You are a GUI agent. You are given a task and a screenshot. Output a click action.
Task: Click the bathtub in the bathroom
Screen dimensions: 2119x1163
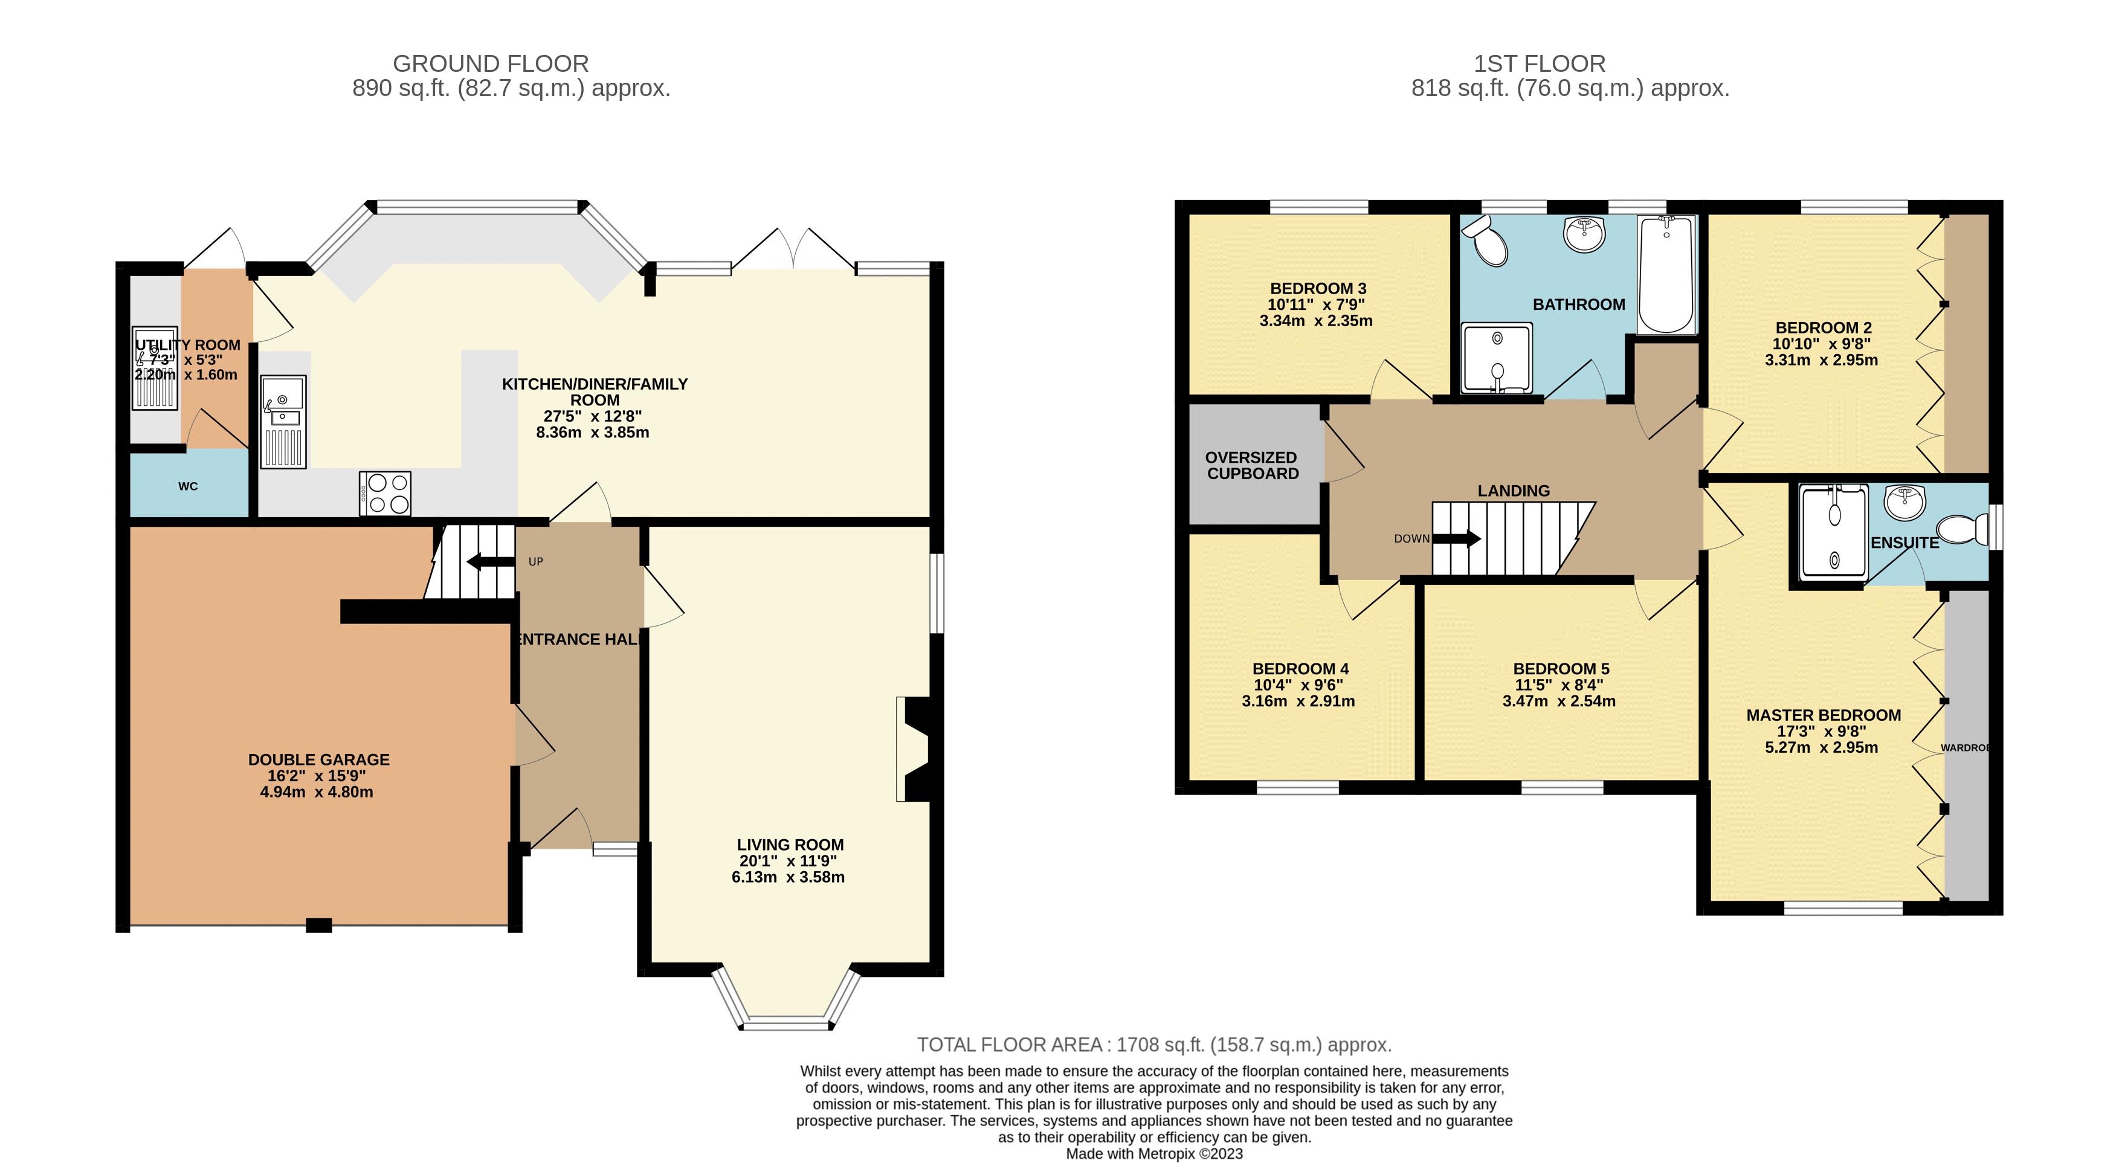click(x=1666, y=275)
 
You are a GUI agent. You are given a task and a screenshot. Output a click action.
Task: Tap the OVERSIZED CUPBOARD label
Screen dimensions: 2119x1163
click(x=1252, y=466)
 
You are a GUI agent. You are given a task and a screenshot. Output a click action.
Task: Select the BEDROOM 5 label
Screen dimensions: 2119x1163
click(x=1561, y=669)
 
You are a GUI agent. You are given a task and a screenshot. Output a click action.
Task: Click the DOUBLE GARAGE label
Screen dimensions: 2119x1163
click(x=319, y=760)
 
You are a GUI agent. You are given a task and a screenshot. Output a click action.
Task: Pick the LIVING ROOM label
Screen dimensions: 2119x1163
click(x=790, y=845)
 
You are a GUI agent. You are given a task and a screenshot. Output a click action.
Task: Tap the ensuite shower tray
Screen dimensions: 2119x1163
click(x=1834, y=531)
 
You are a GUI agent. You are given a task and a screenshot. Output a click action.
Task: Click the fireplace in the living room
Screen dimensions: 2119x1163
click(x=913, y=749)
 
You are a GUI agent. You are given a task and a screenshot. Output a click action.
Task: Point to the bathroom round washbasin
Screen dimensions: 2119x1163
click(x=1584, y=234)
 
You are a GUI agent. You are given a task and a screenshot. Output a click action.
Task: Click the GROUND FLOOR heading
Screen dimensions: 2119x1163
click(x=491, y=63)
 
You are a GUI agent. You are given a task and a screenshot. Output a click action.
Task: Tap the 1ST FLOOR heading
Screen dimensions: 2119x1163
click(x=1539, y=63)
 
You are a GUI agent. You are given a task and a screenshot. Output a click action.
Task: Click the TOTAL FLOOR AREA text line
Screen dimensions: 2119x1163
click(x=1155, y=1045)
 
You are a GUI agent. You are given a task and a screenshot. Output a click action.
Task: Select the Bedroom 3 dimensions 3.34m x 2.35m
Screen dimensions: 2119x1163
click(x=1316, y=321)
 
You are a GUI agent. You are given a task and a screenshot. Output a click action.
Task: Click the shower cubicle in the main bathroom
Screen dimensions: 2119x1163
click(x=1497, y=358)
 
